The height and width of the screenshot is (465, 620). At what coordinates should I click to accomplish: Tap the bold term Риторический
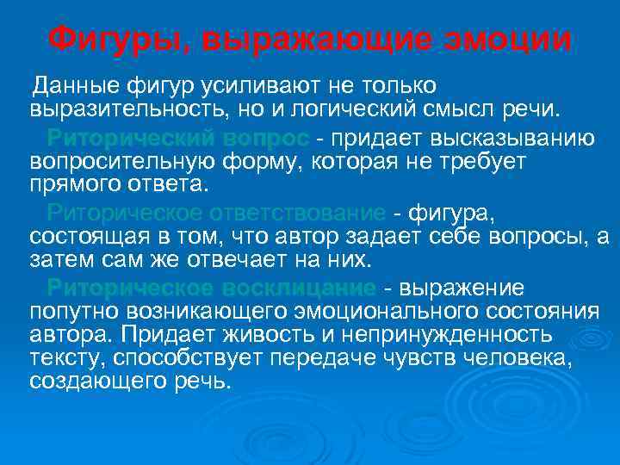click(130, 138)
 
